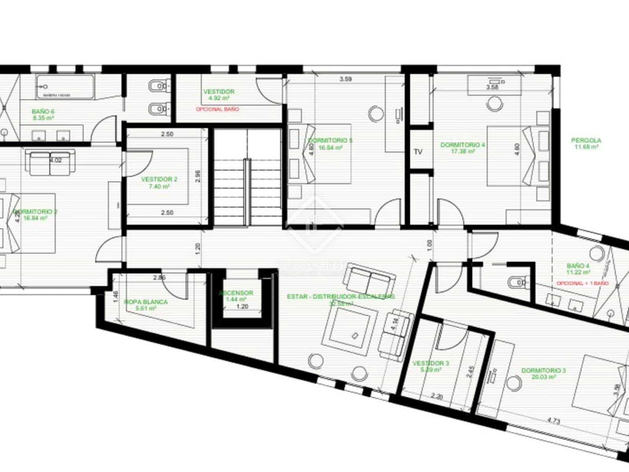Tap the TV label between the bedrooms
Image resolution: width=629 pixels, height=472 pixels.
click(418, 151)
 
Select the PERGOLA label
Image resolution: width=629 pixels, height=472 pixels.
click(586, 140)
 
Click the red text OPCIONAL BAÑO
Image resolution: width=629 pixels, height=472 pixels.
click(217, 109)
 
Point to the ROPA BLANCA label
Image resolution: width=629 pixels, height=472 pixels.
click(146, 302)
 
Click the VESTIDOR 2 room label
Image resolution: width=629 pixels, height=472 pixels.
click(159, 179)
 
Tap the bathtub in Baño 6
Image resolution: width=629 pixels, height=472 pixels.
click(65, 87)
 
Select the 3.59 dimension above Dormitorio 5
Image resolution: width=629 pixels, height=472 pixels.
click(346, 79)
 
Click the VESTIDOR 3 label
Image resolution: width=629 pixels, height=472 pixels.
click(431, 363)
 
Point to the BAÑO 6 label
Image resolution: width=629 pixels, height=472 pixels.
click(43, 112)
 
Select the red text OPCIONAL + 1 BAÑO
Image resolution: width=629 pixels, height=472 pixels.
click(582, 283)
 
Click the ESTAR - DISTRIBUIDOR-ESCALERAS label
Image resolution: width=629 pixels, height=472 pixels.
click(341, 297)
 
